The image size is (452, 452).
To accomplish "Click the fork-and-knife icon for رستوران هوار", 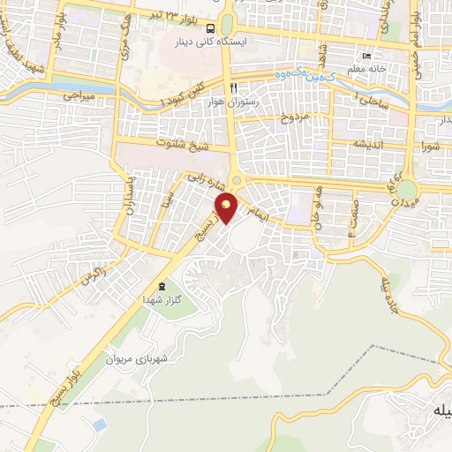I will pyautogui.click(x=233, y=87).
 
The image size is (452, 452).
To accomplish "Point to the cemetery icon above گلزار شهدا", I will pyautogui.click(x=161, y=286).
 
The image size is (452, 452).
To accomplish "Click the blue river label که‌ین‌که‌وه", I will pyautogui.click(x=306, y=78).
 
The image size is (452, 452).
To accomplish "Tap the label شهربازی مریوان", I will pyautogui.click(x=137, y=360).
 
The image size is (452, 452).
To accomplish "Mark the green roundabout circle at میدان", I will pyautogui.click(x=407, y=189).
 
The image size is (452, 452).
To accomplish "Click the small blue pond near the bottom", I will pyautogui.click(x=99, y=426).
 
